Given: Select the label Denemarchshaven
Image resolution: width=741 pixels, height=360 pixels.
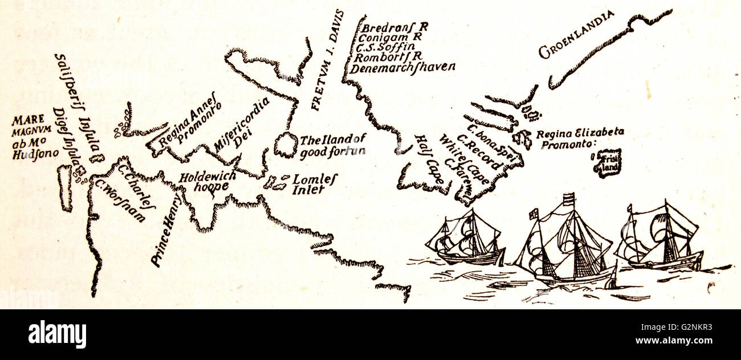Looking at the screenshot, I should pyautogui.click(x=404, y=67).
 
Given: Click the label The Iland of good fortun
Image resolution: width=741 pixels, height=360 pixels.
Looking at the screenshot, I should pyautogui.click(x=332, y=145).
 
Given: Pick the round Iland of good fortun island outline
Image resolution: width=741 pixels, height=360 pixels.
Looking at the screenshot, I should pyautogui.click(x=286, y=145).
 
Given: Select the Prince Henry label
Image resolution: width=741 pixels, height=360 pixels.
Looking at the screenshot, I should pyautogui.click(x=167, y=230).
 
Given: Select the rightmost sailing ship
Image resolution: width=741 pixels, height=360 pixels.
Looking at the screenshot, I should pyautogui.click(x=661, y=238).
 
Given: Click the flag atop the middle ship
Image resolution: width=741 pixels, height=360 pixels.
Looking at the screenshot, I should pyautogui.click(x=568, y=198).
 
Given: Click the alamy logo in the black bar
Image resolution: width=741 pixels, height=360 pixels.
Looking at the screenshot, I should pyautogui.click(x=57, y=334).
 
